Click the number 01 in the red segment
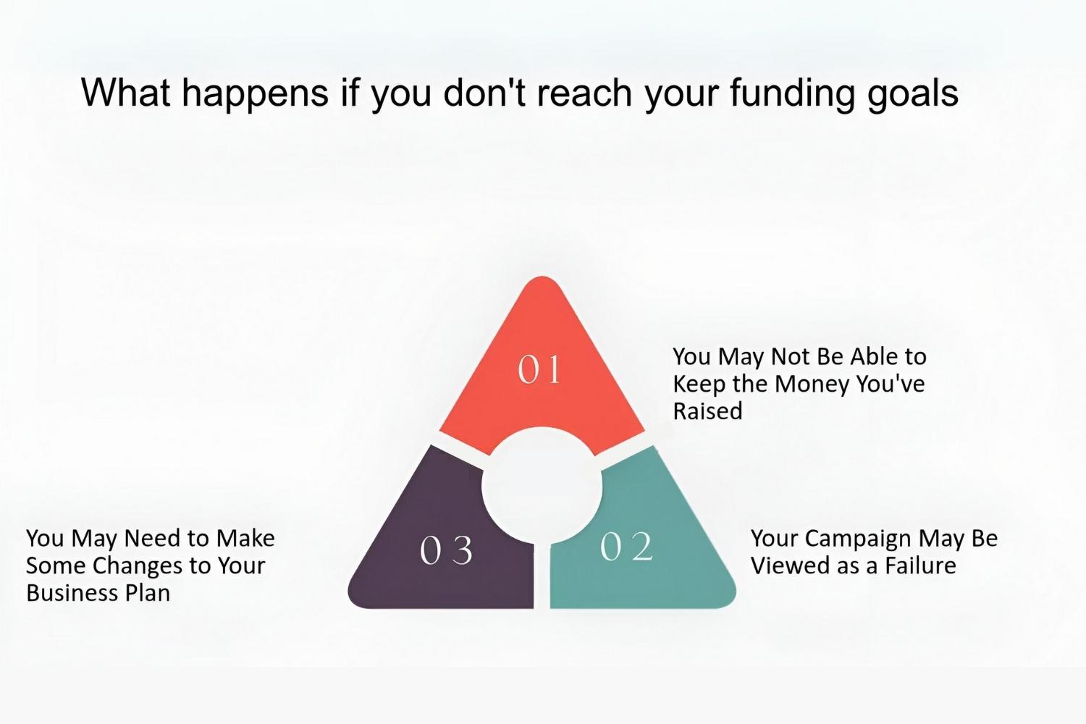[539, 370]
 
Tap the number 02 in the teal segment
[626, 547]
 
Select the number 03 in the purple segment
[446, 550]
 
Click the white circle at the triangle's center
[542, 486]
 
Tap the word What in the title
[125, 92]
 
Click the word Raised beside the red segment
[707, 411]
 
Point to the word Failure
[920, 566]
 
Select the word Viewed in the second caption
[785, 566]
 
